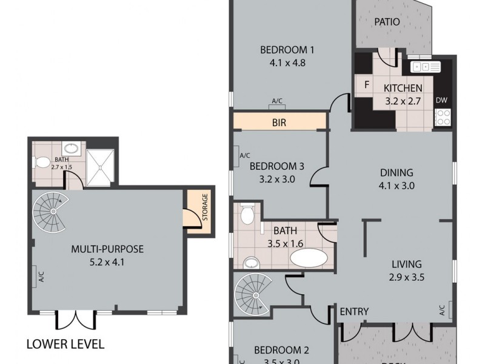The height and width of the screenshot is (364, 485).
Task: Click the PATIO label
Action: click(387, 22)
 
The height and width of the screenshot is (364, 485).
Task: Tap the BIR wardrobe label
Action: click(279, 122)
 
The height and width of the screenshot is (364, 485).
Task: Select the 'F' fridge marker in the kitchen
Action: click(366, 85)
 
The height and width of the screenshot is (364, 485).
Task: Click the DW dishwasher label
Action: click(441, 100)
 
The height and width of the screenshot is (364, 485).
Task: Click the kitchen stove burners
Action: click(443, 116)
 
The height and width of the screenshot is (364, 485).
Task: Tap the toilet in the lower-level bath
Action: click(43, 163)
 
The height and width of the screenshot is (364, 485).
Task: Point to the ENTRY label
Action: click(354, 312)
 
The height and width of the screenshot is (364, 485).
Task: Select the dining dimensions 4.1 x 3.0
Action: click(397, 186)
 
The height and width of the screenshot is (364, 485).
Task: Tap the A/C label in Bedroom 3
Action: click(245, 155)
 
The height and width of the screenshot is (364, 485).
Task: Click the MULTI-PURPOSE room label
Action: click(107, 249)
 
